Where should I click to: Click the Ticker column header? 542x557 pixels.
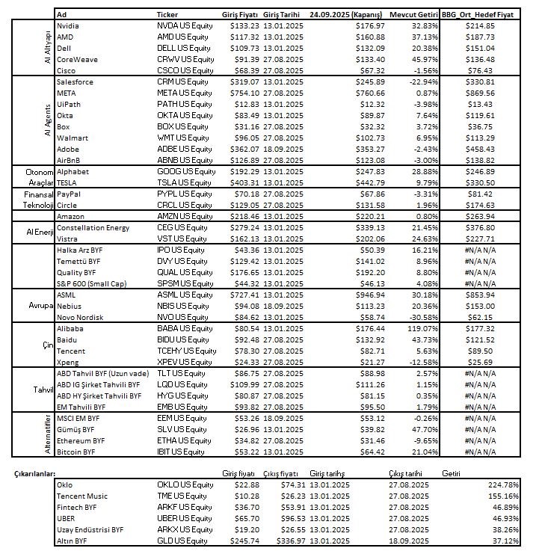tap(167, 14)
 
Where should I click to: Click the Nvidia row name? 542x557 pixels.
tap(69, 25)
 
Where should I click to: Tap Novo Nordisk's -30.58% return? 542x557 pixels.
tap(419, 318)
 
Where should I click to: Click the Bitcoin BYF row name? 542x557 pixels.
tap(76, 452)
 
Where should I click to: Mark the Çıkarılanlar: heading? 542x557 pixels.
tap(34, 474)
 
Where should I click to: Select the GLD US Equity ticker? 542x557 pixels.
tap(183, 541)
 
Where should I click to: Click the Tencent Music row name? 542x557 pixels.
tap(81, 496)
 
